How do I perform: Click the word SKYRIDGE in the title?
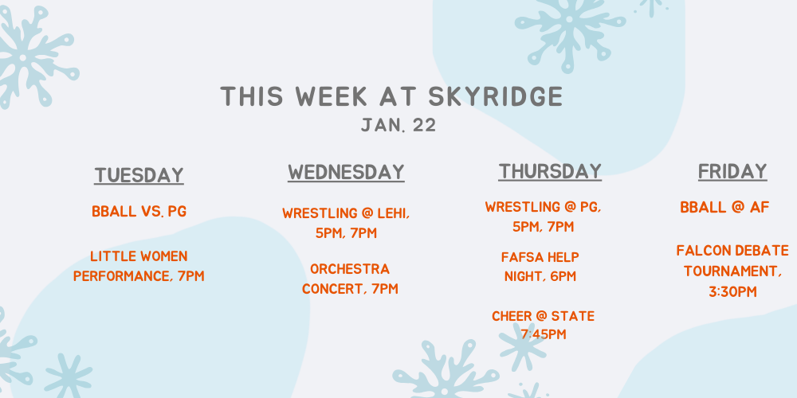tap(496, 96)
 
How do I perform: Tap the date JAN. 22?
tap(398, 126)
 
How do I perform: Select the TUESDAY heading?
tap(139, 175)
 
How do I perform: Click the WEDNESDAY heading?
tap(346, 172)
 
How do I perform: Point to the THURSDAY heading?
tap(550, 171)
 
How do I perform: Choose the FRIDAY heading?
tap(732, 171)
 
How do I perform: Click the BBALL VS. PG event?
tap(139, 211)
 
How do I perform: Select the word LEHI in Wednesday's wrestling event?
tap(394, 213)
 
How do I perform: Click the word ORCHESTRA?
tap(350, 269)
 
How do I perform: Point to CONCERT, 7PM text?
tap(350, 289)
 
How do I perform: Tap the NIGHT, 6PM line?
tap(540, 277)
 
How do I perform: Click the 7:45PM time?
tap(544, 334)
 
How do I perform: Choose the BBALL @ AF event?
tap(724, 207)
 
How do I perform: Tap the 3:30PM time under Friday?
tap(733, 292)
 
